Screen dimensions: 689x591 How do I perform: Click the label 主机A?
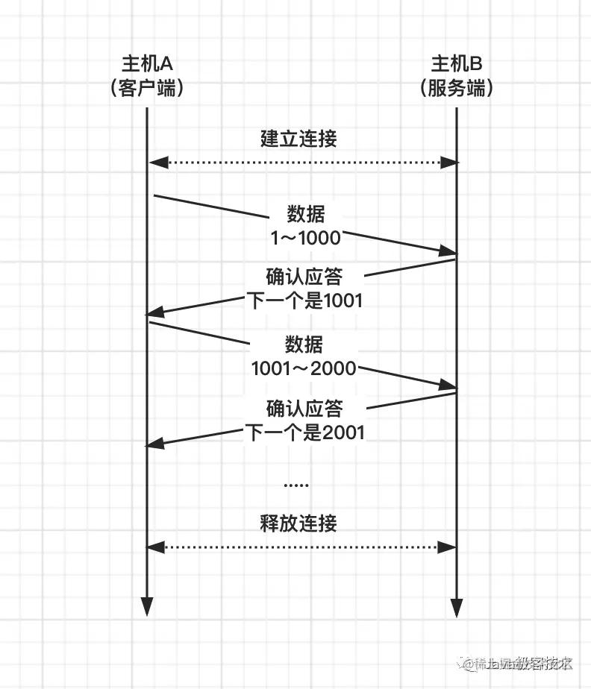point(146,63)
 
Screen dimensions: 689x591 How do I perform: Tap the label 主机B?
point(456,63)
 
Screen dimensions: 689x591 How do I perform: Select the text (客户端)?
point(146,88)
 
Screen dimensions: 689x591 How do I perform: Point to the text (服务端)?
point(456,88)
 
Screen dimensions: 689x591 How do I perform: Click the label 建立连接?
point(298,139)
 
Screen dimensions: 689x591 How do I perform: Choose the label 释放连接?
point(298,523)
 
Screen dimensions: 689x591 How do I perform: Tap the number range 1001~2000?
point(304,368)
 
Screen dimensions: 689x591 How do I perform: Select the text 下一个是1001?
point(304,301)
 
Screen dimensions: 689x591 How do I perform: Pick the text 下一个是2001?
point(304,432)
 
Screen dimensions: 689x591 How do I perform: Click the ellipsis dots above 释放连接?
point(296,485)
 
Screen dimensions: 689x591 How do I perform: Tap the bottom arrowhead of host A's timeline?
point(146,607)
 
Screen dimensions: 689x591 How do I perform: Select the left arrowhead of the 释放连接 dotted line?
point(154,547)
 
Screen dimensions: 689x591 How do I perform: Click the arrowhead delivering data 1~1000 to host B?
point(447,251)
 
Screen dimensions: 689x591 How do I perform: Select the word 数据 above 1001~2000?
point(304,344)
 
